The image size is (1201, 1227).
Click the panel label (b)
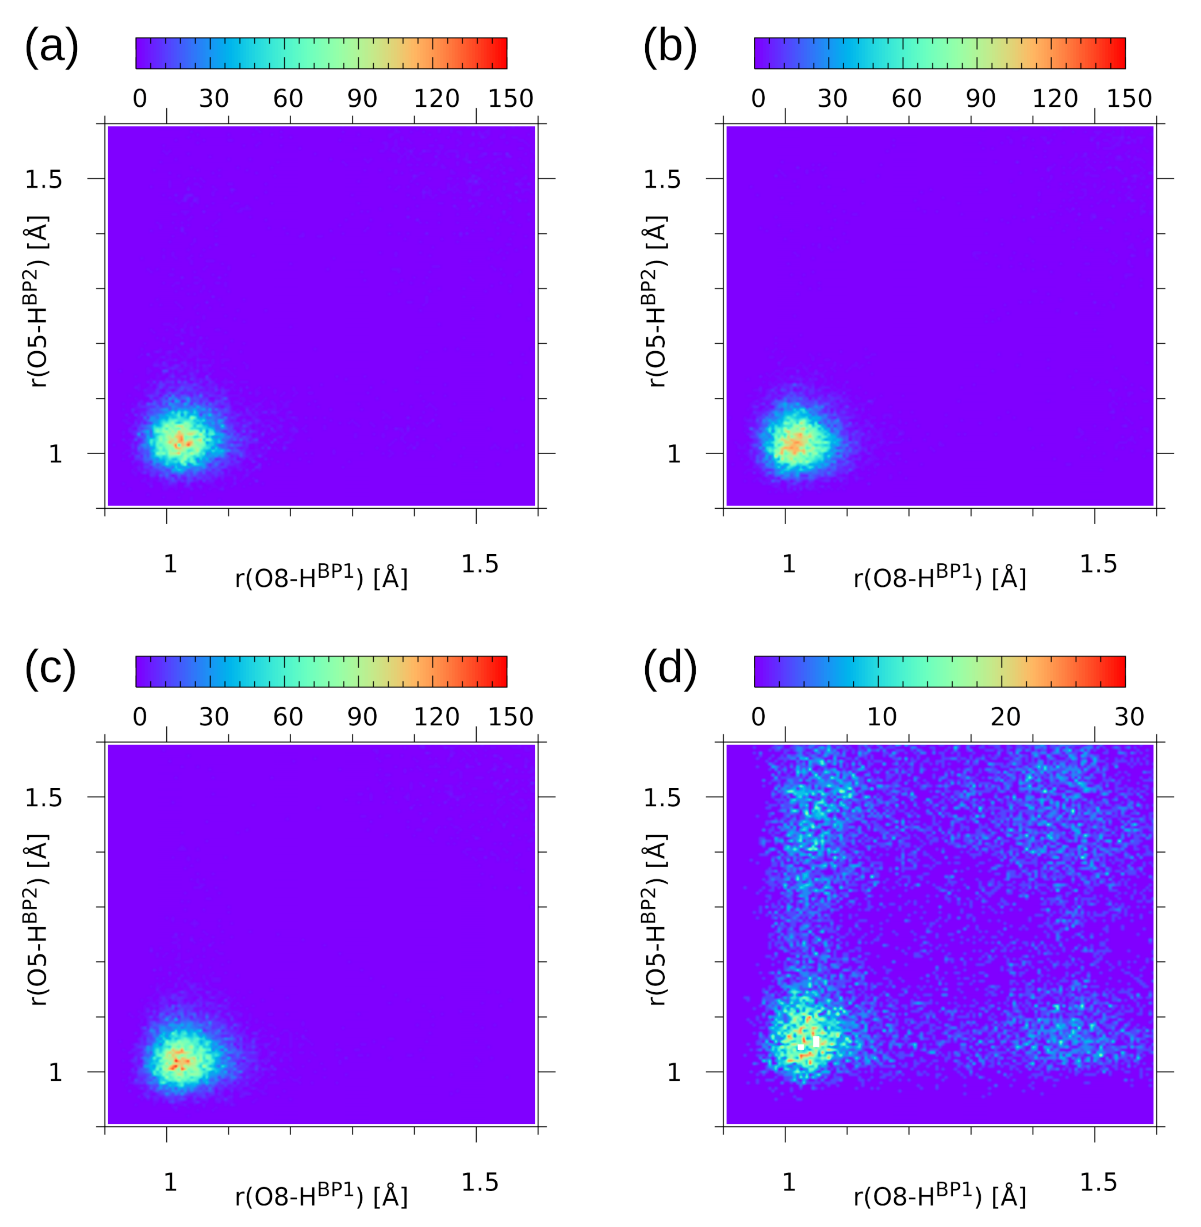tap(669, 47)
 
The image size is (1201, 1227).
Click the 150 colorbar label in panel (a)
tap(510, 99)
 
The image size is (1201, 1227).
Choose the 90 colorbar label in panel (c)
tap(362, 717)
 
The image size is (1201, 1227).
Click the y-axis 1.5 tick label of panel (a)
tap(44, 180)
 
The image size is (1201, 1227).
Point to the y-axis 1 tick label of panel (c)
tap(55, 1072)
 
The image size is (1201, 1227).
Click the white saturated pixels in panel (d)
tap(816, 1041)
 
